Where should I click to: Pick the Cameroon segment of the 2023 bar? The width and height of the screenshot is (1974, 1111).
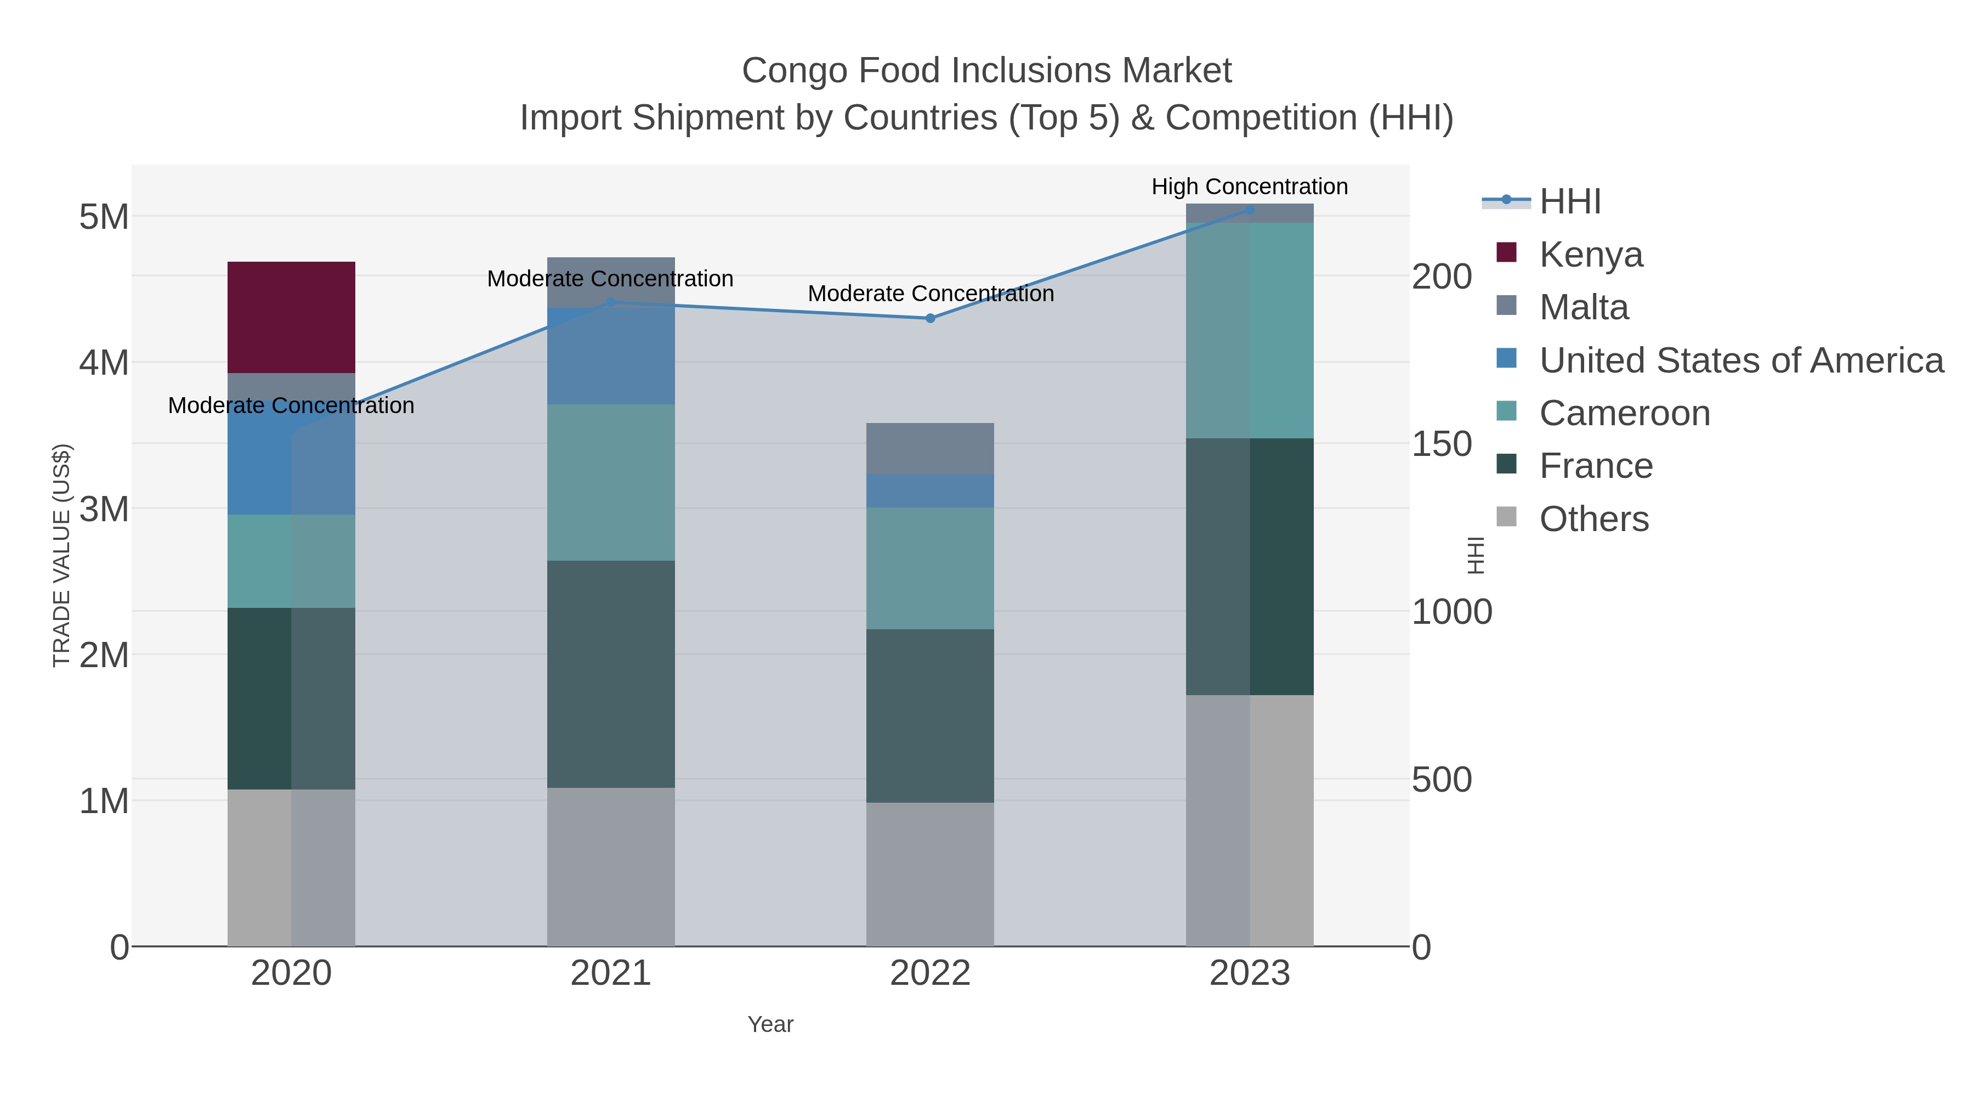(x=1250, y=330)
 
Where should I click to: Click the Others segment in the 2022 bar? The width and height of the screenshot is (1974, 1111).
(x=929, y=874)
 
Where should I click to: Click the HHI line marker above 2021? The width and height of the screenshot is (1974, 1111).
(x=611, y=303)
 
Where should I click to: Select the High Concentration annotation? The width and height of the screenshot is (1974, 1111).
(x=1249, y=187)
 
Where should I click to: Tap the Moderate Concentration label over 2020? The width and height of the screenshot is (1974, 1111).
(x=291, y=405)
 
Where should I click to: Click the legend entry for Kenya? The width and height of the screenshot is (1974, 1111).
(x=1590, y=254)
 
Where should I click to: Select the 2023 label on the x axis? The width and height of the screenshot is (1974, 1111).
(x=1249, y=973)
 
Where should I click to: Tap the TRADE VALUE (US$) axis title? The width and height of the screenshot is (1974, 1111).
(x=61, y=555)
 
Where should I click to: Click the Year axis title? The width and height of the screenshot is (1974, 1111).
(x=770, y=1024)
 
